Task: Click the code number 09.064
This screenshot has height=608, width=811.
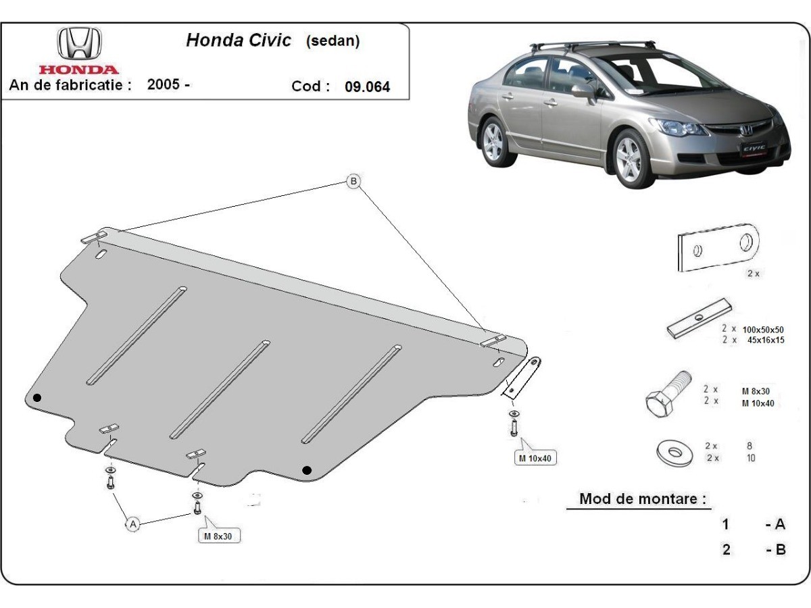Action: [x=367, y=87]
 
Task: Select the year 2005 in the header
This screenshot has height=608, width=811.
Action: [x=163, y=85]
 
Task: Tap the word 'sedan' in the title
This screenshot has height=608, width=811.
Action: [x=333, y=41]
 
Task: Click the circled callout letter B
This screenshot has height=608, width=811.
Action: [x=353, y=181]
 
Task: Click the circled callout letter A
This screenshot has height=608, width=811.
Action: [x=133, y=524]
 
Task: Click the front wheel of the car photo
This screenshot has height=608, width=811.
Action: [x=630, y=159]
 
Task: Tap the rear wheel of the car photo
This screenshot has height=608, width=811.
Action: [x=496, y=141]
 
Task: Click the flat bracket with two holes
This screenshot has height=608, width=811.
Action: [x=717, y=247]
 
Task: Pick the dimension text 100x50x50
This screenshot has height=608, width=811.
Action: [x=763, y=329]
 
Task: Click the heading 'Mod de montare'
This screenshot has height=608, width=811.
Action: [x=643, y=499]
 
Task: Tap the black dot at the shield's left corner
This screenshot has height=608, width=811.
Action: [x=37, y=397]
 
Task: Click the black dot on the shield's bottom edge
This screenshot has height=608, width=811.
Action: [x=307, y=470]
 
